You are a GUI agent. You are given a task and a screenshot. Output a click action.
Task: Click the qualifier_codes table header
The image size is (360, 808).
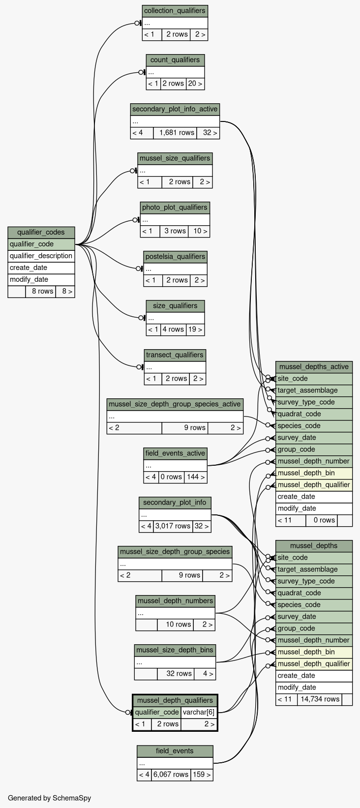coord(41,232)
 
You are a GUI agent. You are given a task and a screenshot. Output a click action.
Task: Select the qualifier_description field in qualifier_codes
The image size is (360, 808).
coord(41,256)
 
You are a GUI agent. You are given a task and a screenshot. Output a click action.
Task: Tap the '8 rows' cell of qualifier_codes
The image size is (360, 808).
coord(41,292)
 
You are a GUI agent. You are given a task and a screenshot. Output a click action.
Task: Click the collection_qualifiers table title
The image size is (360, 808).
coord(175,11)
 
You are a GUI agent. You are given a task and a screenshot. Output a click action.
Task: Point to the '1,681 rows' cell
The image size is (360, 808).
coord(175,133)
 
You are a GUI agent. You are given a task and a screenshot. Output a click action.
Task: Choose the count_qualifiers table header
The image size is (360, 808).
coord(175,60)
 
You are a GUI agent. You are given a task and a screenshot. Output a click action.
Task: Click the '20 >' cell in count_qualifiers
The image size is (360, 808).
coord(195,84)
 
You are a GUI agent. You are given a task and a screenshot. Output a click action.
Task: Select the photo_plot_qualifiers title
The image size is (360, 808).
coord(175,208)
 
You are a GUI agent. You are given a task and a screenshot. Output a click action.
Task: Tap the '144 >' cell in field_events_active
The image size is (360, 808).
coord(196,477)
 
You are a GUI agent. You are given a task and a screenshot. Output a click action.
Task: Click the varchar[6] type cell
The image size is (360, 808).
coord(199,713)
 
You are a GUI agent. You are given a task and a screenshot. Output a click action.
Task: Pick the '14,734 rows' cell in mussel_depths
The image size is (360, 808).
coord(320,699)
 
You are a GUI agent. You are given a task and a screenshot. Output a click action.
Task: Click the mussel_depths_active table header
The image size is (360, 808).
coord(314,367)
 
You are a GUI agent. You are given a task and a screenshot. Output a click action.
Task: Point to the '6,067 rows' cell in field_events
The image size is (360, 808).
coord(171,775)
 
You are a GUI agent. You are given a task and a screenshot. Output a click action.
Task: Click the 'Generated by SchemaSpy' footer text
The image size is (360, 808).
coord(49,798)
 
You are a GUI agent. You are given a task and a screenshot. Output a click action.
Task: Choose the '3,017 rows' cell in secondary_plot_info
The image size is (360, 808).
coord(173,526)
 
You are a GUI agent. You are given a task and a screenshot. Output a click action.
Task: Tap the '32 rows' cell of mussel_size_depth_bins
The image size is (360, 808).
coord(176,674)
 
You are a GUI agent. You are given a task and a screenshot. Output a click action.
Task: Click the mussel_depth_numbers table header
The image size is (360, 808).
coord(175,601)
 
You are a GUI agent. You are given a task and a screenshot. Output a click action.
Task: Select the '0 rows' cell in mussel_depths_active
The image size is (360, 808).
coord(322,520)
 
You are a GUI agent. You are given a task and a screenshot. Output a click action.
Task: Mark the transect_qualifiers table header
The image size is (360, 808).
coord(175,355)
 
